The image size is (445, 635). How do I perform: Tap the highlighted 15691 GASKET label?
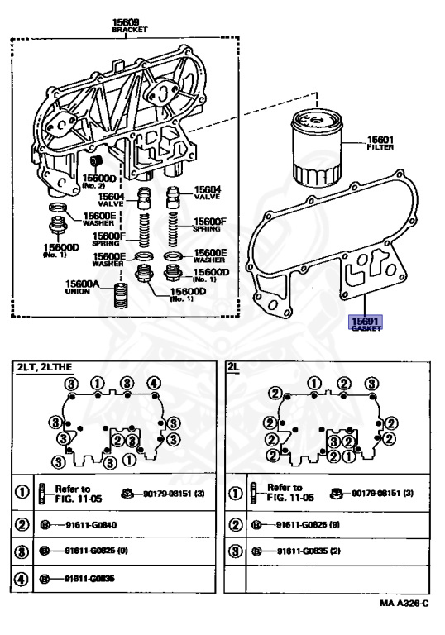pos(365,323)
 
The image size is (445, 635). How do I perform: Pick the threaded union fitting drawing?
pos(122,296)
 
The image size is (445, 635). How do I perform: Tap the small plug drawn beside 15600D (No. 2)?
pos(95,159)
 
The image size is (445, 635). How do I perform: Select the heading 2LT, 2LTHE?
pos(49,366)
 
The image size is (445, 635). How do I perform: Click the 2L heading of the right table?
pos(234,366)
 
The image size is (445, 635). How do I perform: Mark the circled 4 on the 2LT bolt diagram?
pos(153,383)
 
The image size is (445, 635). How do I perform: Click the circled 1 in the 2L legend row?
pos(237,494)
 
